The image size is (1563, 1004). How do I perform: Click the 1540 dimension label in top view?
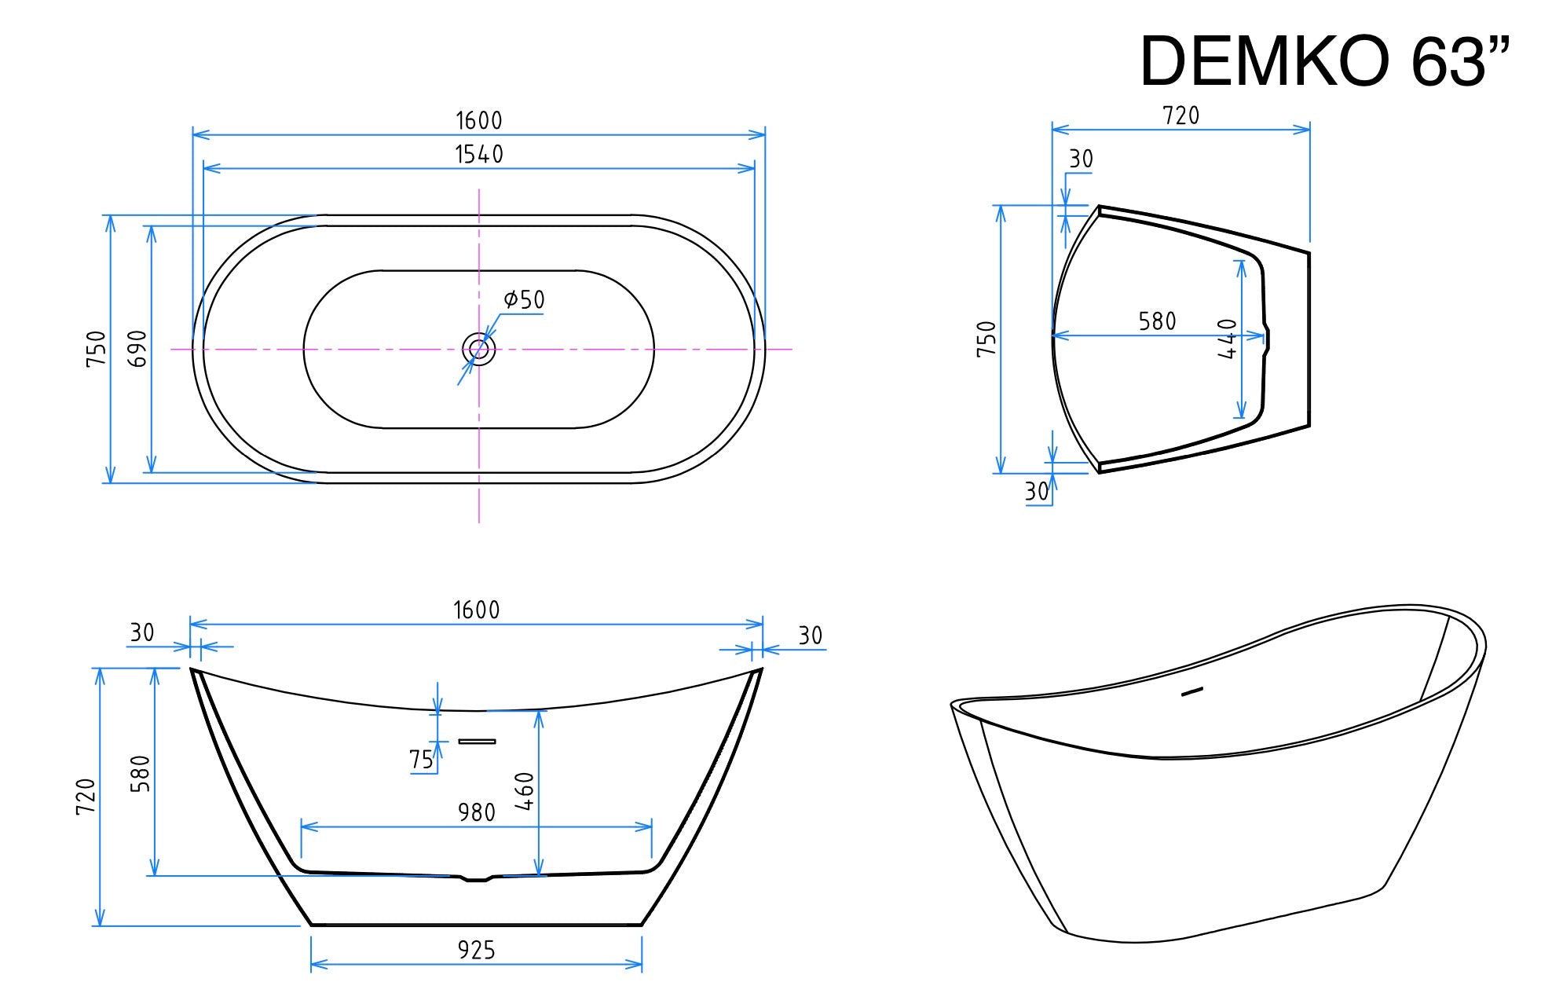pos(479,155)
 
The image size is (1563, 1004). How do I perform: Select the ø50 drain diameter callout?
pos(524,299)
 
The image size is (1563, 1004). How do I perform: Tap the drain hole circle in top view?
pos(478,349)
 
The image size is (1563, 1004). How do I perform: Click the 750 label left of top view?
pos(96,348)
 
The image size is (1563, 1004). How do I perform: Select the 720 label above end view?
pos(1180,116)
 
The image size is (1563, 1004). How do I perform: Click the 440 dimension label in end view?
pos(1228,339)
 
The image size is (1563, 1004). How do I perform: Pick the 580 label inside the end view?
pos(1157,321)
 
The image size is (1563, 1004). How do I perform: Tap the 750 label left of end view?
pos(986,339)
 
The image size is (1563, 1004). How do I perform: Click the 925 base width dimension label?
pos(476,951)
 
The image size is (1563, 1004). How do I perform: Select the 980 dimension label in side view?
pos(476,812)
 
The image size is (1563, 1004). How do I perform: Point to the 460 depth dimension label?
pos(525,791)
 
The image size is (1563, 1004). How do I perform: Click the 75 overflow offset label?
pos(421,760)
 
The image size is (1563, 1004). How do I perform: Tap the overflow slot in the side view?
pos(477,741)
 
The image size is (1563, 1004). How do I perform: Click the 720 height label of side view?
pos(86,796)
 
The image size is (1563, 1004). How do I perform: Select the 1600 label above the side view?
pos(476,610)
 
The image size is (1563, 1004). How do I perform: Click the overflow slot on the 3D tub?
pos(1192,691)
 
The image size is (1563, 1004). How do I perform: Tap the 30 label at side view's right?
pos(810,636)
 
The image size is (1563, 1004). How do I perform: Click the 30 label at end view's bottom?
pos(1036,492)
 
